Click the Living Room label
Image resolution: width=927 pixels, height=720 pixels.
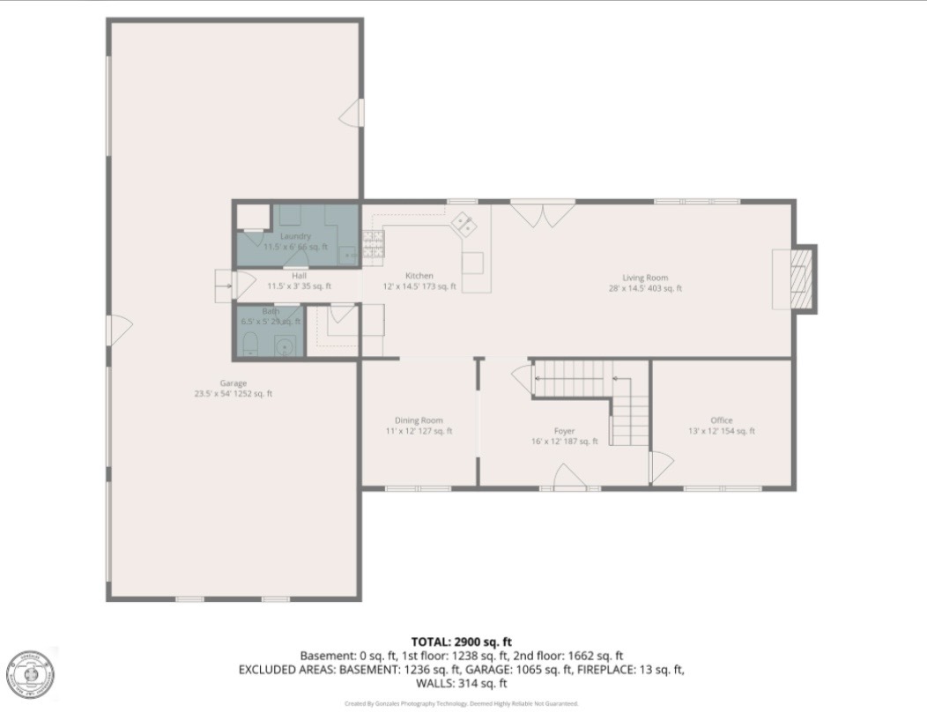[x=644, y=278]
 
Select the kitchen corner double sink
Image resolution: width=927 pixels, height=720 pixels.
[x=464, y=226]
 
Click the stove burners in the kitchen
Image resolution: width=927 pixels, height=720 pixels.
[x=373, y=244]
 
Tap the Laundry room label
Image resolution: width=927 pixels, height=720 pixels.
[x=295, y=237]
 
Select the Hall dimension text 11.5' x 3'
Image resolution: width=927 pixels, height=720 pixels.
[x=300, y=286]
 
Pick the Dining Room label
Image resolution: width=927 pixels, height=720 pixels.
[x=419, y=420]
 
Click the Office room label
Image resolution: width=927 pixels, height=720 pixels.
[x=721, y=420]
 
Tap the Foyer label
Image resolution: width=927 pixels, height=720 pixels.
[x=564, y=431]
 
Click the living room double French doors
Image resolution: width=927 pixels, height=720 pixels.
[x=542, y=213]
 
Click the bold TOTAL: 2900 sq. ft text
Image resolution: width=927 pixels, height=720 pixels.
[x=461, y=641]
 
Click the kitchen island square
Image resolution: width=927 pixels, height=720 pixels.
[x=473, y=263]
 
